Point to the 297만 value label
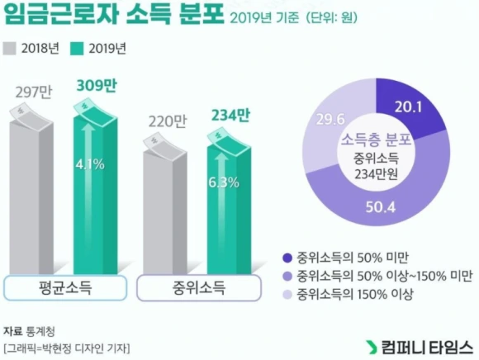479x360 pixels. click(34, 90)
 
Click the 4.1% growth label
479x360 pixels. click(89, 164)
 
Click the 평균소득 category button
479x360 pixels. click(65, 289)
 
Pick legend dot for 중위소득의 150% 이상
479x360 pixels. click(287, 294)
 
